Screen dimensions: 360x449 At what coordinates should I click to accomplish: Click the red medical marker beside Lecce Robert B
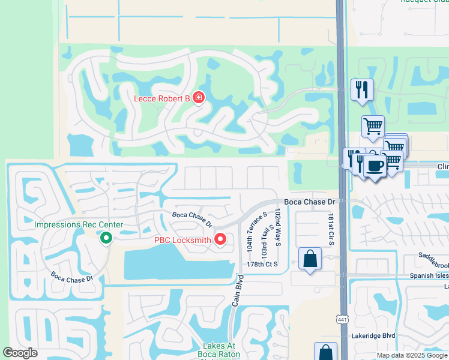[x=198, y=97]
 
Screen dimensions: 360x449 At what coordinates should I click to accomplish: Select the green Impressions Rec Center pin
[x=106, y=238]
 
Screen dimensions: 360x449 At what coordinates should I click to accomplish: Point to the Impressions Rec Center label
[x=79, y=225]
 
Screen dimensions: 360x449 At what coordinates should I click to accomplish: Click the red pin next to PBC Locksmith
[x=220, y=239]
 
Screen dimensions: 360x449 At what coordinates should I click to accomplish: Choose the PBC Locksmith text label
[x=183, y=240]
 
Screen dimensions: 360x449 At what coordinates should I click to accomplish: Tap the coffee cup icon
[x=374, y=166]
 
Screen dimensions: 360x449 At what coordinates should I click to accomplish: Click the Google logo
[x=20, y=353]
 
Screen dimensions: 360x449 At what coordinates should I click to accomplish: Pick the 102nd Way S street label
[x=278, y=228]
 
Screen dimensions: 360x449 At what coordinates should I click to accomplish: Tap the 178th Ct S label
[x=262, y=265]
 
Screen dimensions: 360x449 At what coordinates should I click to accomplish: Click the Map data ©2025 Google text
[x=412, y=355]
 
